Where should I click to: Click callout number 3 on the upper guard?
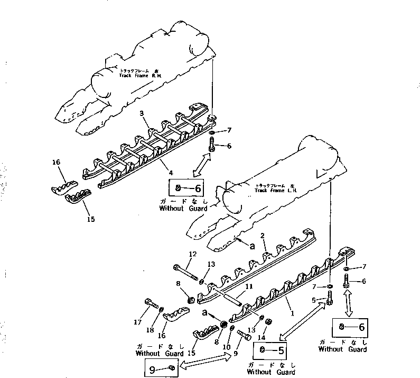coord(142,114)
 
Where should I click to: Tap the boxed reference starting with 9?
coord(161,367)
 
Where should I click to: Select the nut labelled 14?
coord(268,321)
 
